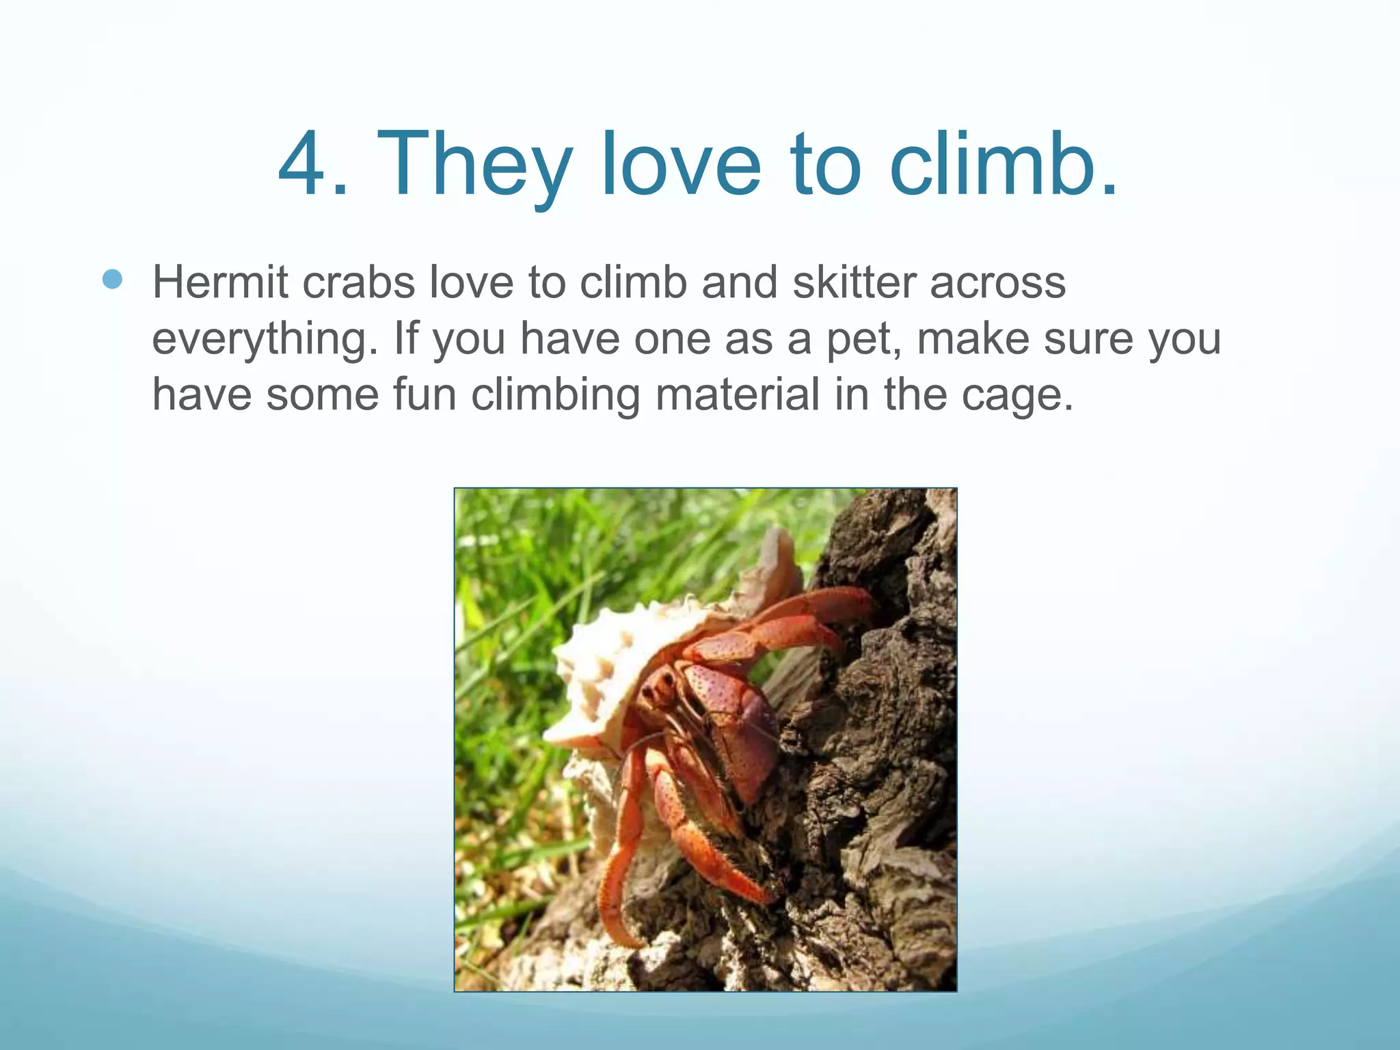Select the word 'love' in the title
pos(681,165)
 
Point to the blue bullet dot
pos(112,279)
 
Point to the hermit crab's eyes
pos(660,687)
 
